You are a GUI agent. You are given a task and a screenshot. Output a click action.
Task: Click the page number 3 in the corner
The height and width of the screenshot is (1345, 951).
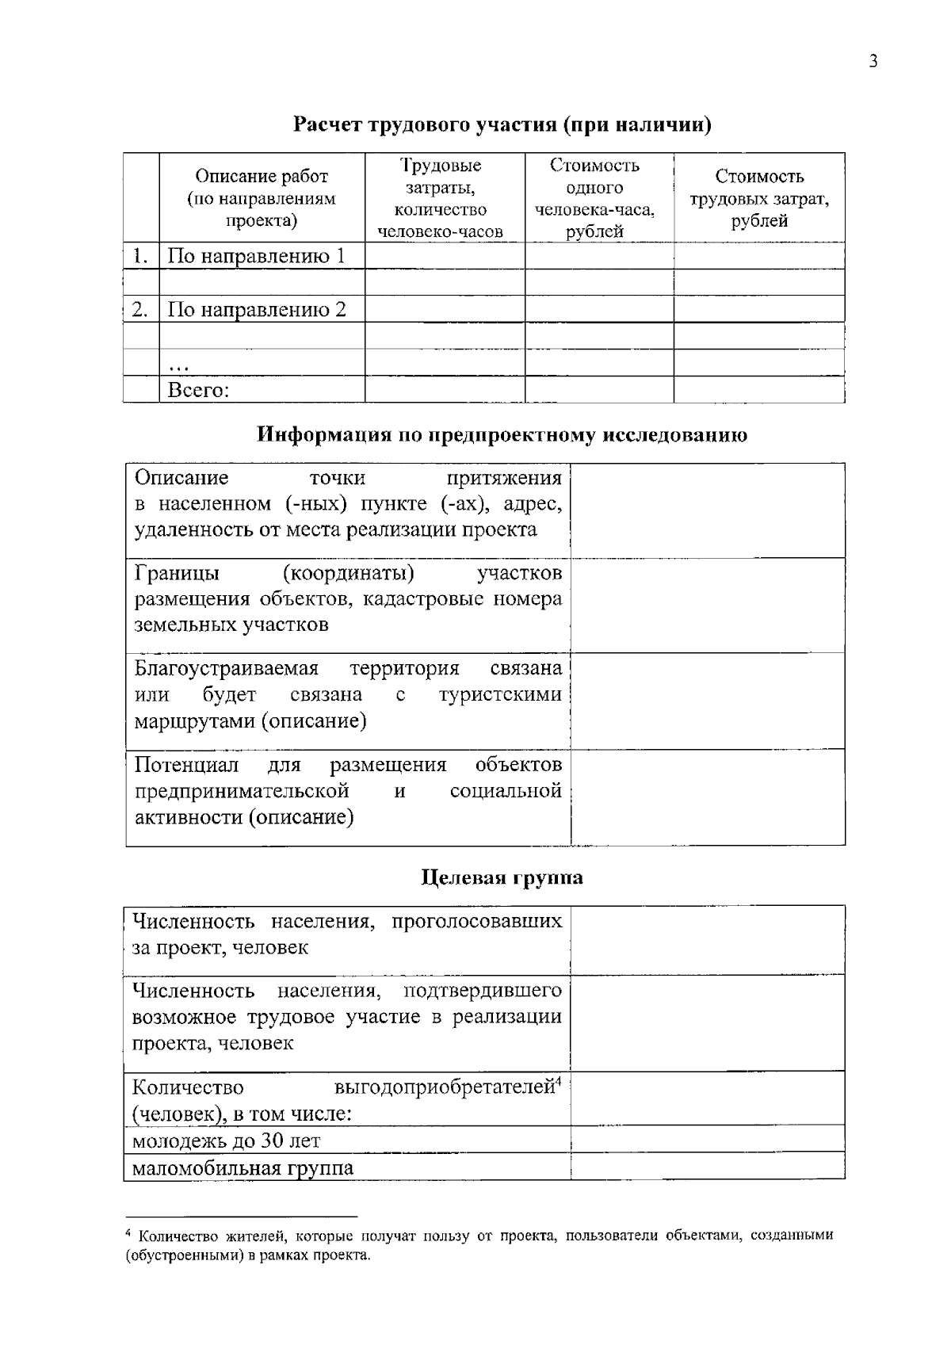pyautogui.click(x=873, y=62)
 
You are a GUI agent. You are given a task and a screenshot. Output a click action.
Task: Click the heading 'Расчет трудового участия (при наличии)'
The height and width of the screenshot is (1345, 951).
pyautogui.click(x=502, y=125)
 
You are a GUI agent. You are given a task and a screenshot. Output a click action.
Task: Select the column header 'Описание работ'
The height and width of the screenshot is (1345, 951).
pyautogui.click(x=262, y=177)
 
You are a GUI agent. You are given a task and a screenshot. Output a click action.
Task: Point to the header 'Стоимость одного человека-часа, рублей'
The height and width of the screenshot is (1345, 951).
pyautogui.click(x=594, y=198)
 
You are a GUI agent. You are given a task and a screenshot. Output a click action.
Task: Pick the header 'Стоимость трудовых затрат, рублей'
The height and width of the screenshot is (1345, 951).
pyautogui.click(x=759, y=198)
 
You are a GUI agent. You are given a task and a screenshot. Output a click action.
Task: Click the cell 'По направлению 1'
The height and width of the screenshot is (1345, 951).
pyautogui.click(x=256, y=256)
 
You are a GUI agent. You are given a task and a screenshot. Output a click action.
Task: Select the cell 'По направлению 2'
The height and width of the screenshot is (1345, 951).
pyautogui.click(x=257, y=309)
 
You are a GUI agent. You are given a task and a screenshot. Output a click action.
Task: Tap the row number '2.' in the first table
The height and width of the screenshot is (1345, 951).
pyautogui.click(x=140, y=309)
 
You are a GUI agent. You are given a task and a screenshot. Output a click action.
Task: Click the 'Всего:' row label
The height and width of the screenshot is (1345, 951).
pyautogui.click(x=198, y=390)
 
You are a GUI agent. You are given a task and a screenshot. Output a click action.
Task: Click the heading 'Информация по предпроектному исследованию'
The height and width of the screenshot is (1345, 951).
pyautogui.click(x=502, y=435)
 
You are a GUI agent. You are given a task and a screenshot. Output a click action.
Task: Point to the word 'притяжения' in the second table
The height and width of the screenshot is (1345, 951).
pyautogui.click(x=504, y=478)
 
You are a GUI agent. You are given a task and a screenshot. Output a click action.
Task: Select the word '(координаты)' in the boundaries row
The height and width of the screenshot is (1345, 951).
pyautogui.click(x=348, y=573)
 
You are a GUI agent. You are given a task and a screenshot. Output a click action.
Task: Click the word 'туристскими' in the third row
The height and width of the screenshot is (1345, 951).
pyautogui.click(x=500, y=695)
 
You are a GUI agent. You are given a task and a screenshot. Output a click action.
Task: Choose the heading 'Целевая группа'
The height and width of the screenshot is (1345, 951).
pyautogui.click(x=502, y=877)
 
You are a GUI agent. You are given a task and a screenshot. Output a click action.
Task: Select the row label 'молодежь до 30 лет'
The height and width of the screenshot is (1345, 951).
pyautogui.click(x=226, y=1141)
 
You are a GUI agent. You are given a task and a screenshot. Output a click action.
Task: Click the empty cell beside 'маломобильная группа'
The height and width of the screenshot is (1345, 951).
pyautogui.click(x=707, y=1167)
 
